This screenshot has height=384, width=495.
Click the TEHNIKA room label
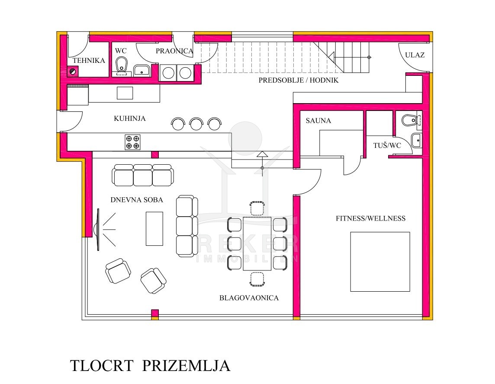click(89, 60)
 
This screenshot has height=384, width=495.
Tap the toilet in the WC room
click(121, 65)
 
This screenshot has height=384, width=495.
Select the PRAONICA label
click(174, 51)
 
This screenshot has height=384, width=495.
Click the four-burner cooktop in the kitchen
click(132, 142)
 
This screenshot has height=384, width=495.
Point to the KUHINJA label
click(130, 119)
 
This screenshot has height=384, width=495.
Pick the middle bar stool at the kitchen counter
click(196, 124)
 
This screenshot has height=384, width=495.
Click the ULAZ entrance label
click(415, 55)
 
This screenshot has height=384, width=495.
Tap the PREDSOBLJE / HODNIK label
click(298, 80)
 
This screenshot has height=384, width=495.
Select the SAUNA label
click(318, 120)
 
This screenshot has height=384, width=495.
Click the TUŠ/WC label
click(387, 146)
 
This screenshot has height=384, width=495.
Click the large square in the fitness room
click(380, 262)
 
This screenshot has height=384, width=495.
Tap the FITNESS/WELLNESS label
click(371, 218)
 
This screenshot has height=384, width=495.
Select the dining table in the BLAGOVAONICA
click(257, 244)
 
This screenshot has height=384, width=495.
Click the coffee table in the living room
click(154, 229)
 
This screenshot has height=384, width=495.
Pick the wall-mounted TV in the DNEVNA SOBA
click(98, 229)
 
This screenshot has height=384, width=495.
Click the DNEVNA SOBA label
click(137, 200)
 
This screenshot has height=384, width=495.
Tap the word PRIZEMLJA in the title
click(186, 366)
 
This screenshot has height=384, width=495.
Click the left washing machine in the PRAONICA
click(168, 73)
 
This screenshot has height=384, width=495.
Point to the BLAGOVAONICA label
click(249, 298)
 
